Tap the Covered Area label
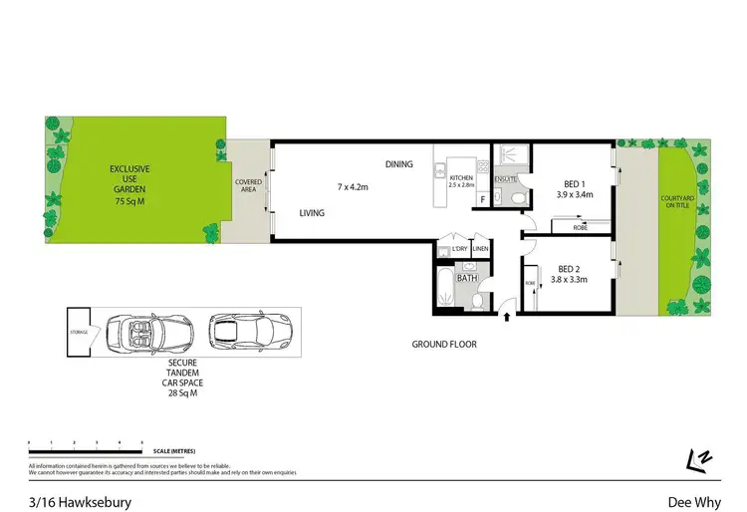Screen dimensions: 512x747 248,185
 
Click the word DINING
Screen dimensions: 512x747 400,163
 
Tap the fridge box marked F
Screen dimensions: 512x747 483,199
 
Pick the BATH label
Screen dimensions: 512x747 466,279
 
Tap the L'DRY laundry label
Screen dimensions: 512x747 459,248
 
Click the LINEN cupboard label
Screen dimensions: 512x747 480,248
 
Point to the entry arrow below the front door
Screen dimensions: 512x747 506,318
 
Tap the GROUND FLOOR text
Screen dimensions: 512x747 444,345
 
